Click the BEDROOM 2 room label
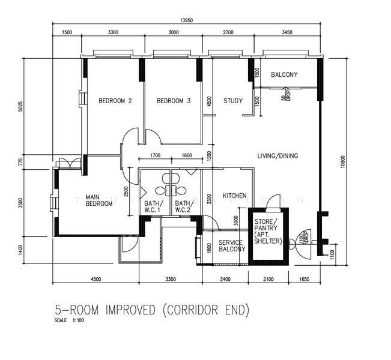click(115, 101)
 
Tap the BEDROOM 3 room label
click(173, 101)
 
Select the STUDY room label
click(232, 101)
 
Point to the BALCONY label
click(283, 75)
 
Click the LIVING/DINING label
click(277, 156)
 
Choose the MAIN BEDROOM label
click(99, 200)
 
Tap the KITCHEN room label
click(235, 196)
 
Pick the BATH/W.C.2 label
click(184, 207)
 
